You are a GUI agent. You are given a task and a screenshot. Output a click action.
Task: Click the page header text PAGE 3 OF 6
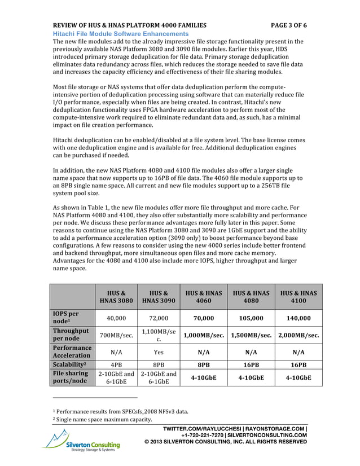click(280, 26)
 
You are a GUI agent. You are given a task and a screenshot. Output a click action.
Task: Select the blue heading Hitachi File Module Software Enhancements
click(120, 34)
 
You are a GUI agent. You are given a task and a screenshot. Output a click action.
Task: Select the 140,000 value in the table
click(298, 318)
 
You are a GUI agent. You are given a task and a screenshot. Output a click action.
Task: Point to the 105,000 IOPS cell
click(252, 318)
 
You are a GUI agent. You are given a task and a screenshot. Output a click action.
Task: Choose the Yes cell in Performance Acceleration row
click(159, 352)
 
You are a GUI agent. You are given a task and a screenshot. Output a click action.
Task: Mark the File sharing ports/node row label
click(70, 377)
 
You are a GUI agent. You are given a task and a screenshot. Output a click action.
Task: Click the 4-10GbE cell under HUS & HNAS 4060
click(204, 377)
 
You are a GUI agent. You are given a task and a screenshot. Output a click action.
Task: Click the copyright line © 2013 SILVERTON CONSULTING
click(226, 441)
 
